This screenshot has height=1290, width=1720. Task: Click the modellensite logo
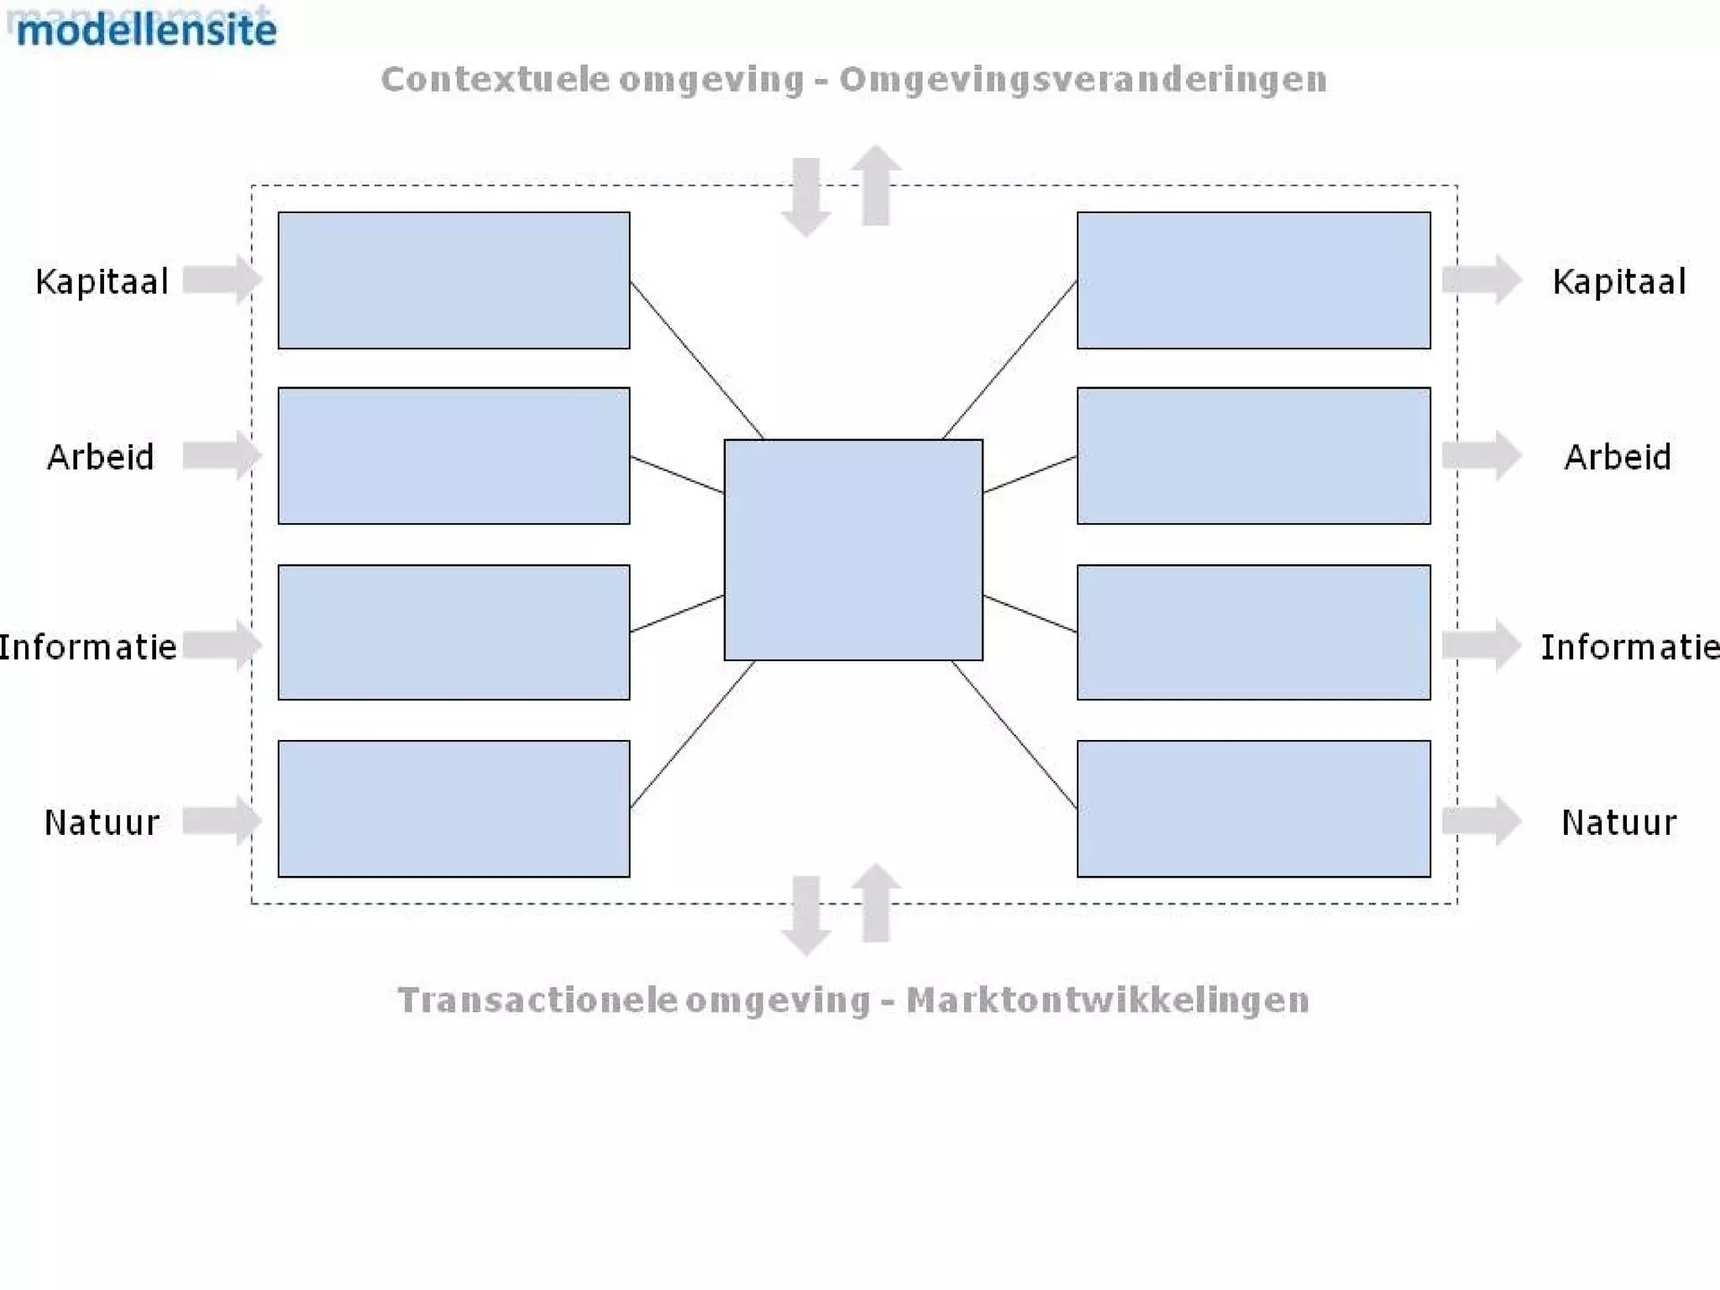point(146,29)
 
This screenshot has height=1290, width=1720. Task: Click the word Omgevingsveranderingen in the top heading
point(1083,80)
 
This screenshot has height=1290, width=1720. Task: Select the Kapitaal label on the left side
point(102,281)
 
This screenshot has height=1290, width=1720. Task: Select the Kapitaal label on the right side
point(1618,281)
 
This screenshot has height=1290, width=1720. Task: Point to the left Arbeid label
point(101,457)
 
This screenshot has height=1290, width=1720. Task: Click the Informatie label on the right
point(1629,647)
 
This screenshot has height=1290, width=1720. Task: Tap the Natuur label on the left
point(102,822)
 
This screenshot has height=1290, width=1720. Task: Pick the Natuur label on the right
point(1618,822)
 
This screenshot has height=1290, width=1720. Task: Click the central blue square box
point(852,549)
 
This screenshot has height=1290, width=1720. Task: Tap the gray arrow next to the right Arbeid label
point(1481,455)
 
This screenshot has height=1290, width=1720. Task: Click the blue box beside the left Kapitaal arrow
point(454,280)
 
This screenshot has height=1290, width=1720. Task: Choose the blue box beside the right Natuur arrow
point(1253,808)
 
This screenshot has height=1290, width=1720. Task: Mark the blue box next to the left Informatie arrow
point(454,632)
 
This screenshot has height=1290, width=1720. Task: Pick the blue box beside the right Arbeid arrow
point(1253,455)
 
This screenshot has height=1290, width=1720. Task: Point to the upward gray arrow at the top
point(876,185)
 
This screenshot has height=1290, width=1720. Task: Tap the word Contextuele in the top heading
point(496,80)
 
